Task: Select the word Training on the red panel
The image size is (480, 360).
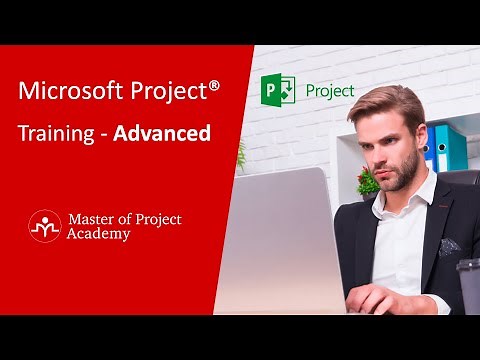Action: point(57,133)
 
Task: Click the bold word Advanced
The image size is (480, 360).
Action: point(162,133)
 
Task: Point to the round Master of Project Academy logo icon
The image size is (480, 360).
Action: point(44,225)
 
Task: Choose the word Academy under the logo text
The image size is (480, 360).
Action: point(99,234)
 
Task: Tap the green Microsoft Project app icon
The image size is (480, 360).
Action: point(277,90)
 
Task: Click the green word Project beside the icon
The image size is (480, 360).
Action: point(330,90)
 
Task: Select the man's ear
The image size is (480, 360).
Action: point(429,140)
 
